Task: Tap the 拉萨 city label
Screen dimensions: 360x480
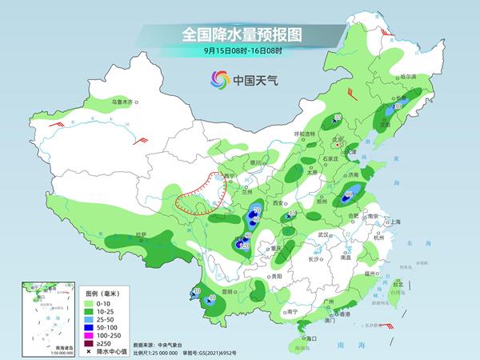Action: tap(142, 234)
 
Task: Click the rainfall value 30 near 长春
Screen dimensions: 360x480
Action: tap(398, 106)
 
